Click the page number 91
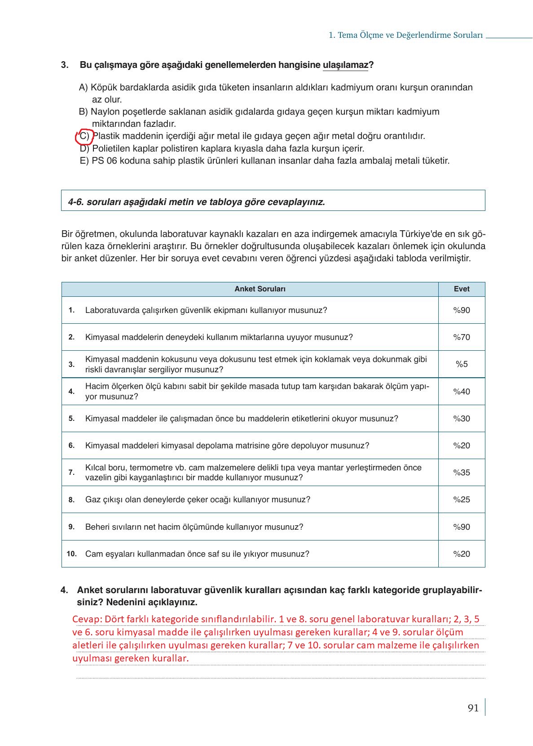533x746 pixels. (x=473, y=708)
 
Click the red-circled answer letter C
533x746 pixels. (x=84, y=136)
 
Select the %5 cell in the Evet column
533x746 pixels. (x=462, y=364)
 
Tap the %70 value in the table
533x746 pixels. (x=462, y=337)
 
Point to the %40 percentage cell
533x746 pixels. (x=462, y=392)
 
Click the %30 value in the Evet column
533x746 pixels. (x=462, y=419)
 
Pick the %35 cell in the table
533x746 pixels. (x=462, y=473)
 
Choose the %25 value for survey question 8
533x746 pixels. (x=462, y=500)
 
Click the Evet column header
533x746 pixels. (x=462, y=289)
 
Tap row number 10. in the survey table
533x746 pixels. (x=72, y=554)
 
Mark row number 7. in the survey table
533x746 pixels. (x=71, y=473)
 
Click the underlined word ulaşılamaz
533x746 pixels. (x=345, y=65)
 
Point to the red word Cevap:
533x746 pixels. (x=87, y=619)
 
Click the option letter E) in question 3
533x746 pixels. (x=84, y=161)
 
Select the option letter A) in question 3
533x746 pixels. (x=84, y=87)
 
